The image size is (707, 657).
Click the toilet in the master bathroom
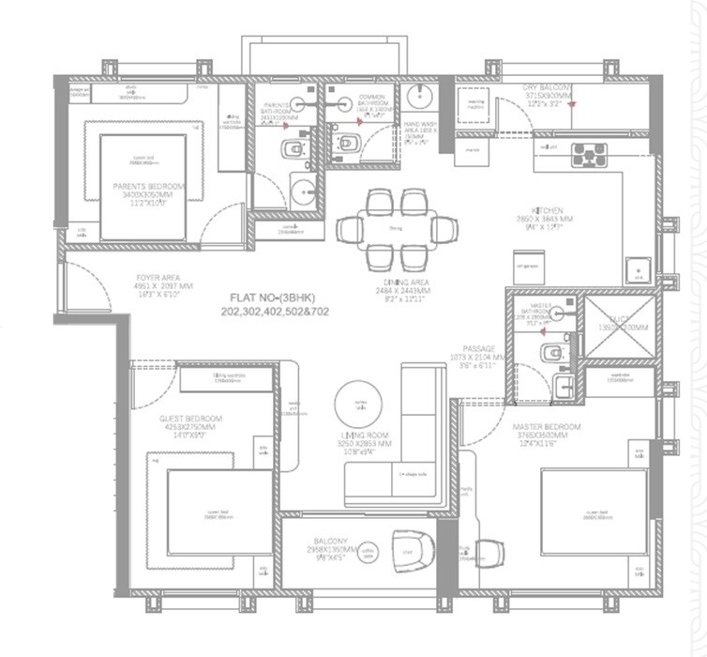pyautogui.click(x=551, y=351)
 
